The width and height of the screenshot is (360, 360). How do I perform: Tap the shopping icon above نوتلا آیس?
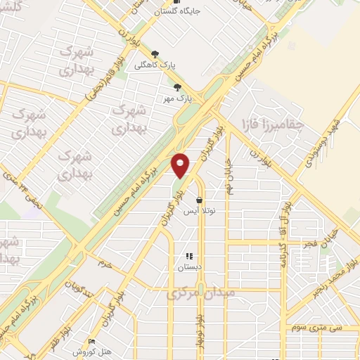click(200, 200)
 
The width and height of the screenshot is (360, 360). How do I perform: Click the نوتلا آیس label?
click(203, 211)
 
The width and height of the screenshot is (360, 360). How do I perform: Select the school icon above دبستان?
click(188, 257)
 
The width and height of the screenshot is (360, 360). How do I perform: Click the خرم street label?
click(106, 264)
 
